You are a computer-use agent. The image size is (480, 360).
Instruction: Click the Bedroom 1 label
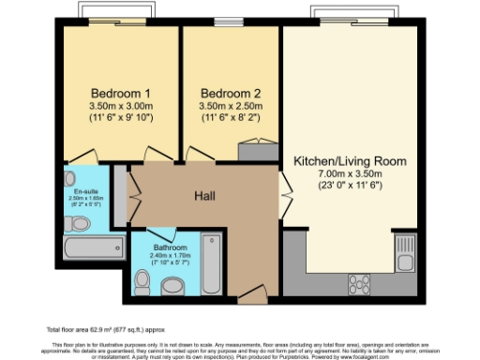coord(121,94)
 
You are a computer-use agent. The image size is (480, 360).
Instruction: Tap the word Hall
coord(206,196)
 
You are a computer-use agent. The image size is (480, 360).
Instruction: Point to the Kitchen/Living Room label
coord(351,161)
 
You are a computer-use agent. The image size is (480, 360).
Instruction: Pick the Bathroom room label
coord(171,247)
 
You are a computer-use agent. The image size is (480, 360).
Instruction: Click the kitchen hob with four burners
coord(360,281)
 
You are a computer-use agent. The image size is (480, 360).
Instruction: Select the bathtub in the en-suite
coord(92,247)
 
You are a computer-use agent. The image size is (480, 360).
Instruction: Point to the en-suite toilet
coord(74,178)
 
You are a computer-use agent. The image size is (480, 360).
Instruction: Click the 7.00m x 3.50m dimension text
coord(351,174)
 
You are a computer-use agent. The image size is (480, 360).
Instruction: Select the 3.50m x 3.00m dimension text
coord(121,107)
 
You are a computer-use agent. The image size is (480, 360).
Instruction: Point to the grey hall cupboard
coord(120,195)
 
